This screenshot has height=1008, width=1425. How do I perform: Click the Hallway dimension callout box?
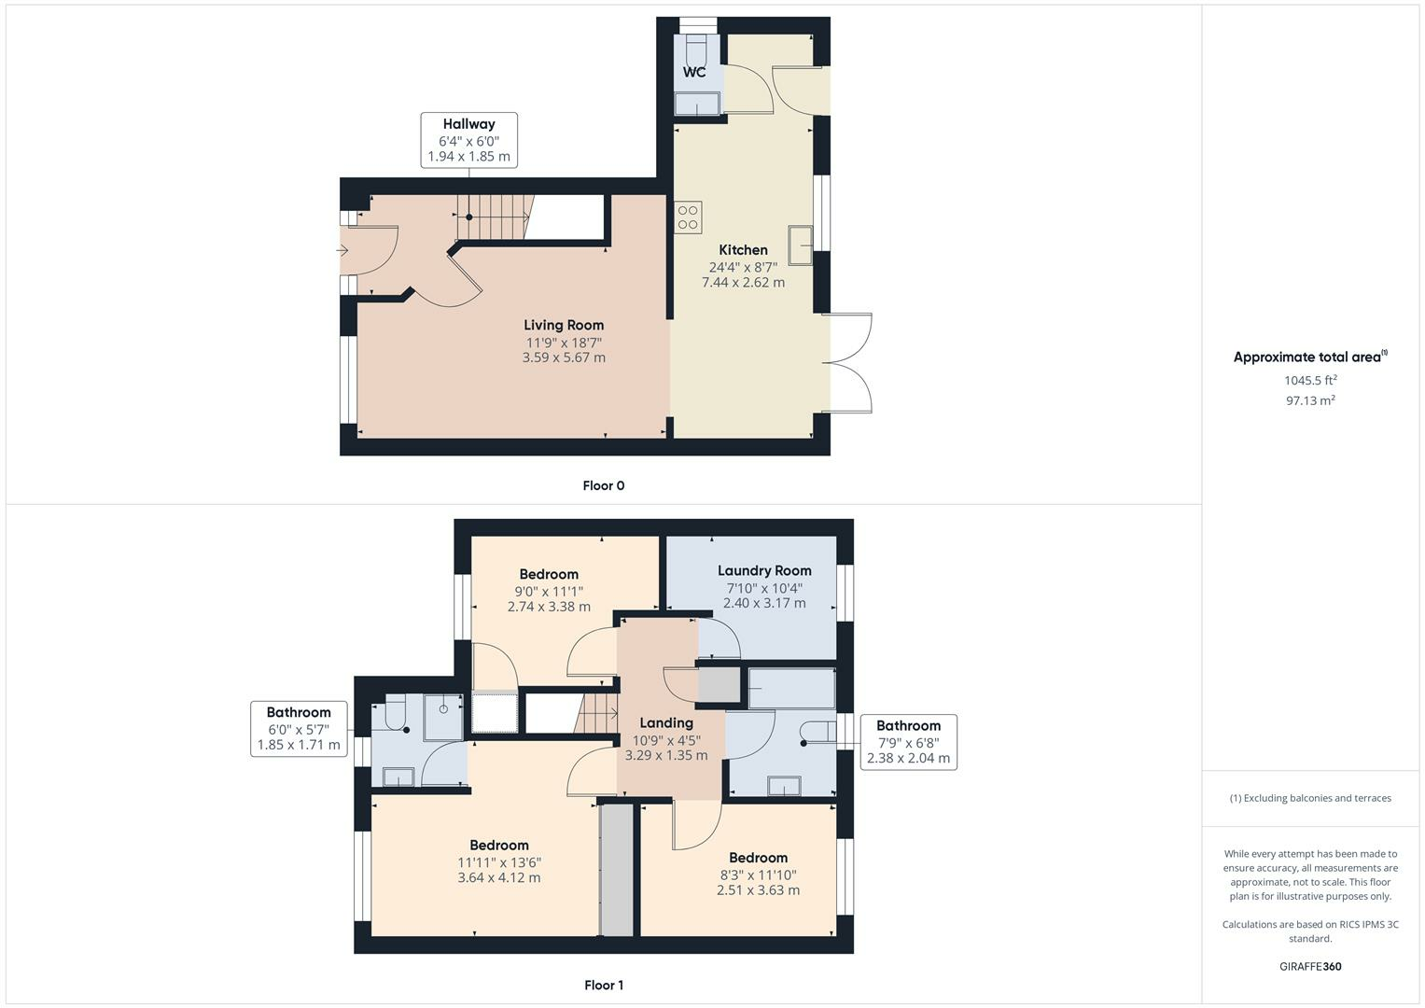(468, 140)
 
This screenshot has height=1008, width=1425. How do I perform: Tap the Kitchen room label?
(743, 250)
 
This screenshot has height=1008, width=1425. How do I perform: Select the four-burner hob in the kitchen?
(689, 217)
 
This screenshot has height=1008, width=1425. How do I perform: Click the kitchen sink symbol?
(800, 245)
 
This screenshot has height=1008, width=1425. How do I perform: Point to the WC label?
(694, 72)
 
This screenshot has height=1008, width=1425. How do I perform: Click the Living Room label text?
(563, 326)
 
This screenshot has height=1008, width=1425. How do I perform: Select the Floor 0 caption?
(603, 485)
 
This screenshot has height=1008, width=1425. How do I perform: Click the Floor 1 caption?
(603, 985)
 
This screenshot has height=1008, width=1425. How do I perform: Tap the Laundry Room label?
(763, 570)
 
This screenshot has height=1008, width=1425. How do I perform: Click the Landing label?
(665, 722)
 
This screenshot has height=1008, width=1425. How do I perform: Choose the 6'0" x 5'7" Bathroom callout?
(299, 729)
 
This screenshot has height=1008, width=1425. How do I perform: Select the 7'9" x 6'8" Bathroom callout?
(908, 742)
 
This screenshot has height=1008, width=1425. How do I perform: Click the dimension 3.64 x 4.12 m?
(498, 877)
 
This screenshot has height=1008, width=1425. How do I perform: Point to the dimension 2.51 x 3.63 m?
(758, 890)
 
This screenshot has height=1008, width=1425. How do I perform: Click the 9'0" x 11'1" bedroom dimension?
(549, 591)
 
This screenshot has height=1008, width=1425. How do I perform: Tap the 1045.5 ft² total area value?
(1310, 380)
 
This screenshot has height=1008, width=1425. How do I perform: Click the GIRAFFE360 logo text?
(1309, 966)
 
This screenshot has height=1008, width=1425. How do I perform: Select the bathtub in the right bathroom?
(791, 689)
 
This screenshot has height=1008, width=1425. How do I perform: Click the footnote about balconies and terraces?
(1310, 798)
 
